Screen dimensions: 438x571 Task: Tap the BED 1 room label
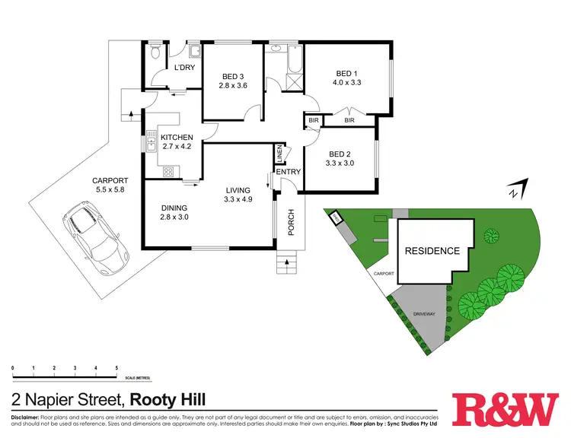347,73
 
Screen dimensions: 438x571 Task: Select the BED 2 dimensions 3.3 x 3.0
340,162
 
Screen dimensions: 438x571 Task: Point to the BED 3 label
233,76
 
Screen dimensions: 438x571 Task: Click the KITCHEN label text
177,137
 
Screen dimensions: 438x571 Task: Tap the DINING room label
174,208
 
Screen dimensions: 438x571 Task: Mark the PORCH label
290,222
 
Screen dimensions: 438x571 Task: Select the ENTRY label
289,172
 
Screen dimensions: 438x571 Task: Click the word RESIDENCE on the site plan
432,251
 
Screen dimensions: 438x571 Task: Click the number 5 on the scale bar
116,368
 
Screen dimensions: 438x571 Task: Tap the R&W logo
505,411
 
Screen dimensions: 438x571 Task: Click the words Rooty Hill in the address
168,399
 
